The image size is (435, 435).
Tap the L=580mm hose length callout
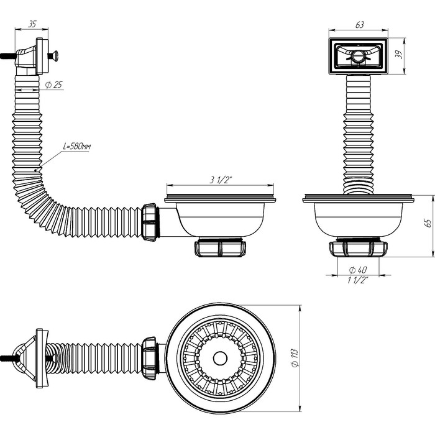pos(76,147)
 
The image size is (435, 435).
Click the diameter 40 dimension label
pos(358,270)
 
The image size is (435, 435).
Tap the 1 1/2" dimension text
pos(358,280)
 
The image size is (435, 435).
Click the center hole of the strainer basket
pos(219,358)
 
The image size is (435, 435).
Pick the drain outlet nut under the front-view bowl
pos(358,248)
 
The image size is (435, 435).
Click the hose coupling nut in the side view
pos(150,222)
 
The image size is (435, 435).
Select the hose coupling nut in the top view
pos(150,356)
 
